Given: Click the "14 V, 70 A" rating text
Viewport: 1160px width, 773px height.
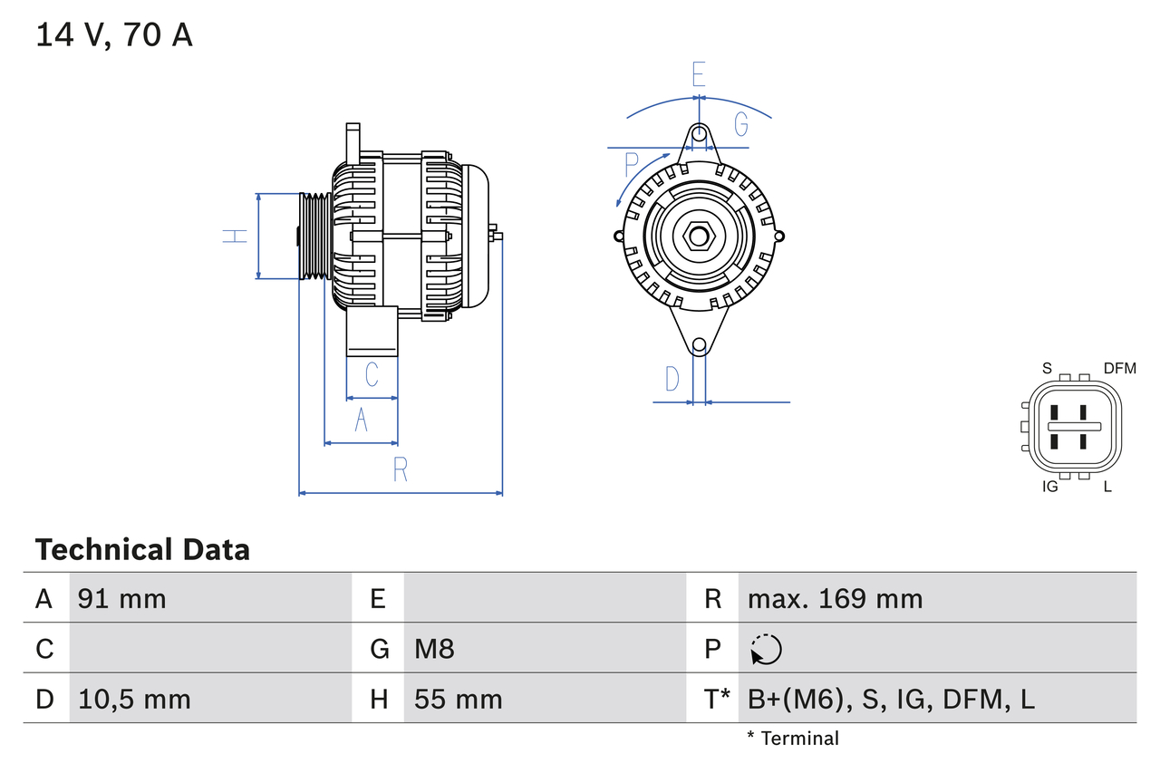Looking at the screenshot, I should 114,35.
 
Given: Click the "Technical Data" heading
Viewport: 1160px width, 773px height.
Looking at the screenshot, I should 142,549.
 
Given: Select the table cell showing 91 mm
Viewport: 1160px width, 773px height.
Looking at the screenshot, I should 122,598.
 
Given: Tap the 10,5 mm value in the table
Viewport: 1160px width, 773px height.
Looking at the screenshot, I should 134,699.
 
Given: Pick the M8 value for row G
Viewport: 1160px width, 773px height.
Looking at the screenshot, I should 434,649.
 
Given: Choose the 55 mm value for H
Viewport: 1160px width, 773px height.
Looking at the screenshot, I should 458,699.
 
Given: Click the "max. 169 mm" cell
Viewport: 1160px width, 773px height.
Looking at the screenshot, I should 835,598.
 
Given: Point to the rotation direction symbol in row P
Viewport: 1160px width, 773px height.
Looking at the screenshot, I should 766,649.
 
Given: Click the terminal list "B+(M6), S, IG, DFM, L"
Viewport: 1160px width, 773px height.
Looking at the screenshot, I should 891,699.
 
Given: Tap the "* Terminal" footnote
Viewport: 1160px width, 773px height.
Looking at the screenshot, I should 793,739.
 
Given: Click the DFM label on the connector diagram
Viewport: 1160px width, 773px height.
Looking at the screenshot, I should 1119,368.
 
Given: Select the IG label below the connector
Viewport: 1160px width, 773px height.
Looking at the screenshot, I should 1050,487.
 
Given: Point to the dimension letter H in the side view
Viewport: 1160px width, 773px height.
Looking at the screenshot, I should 235,236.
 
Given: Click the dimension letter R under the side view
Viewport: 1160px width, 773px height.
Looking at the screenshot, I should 400,469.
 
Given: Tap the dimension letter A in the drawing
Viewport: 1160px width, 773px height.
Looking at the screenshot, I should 361,420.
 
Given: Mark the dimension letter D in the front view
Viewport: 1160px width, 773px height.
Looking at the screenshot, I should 672,379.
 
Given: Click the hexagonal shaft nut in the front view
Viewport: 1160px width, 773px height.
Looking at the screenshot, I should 699,237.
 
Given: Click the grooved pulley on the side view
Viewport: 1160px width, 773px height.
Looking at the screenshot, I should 314,236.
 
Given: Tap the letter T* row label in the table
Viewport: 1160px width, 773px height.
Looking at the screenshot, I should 716,699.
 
